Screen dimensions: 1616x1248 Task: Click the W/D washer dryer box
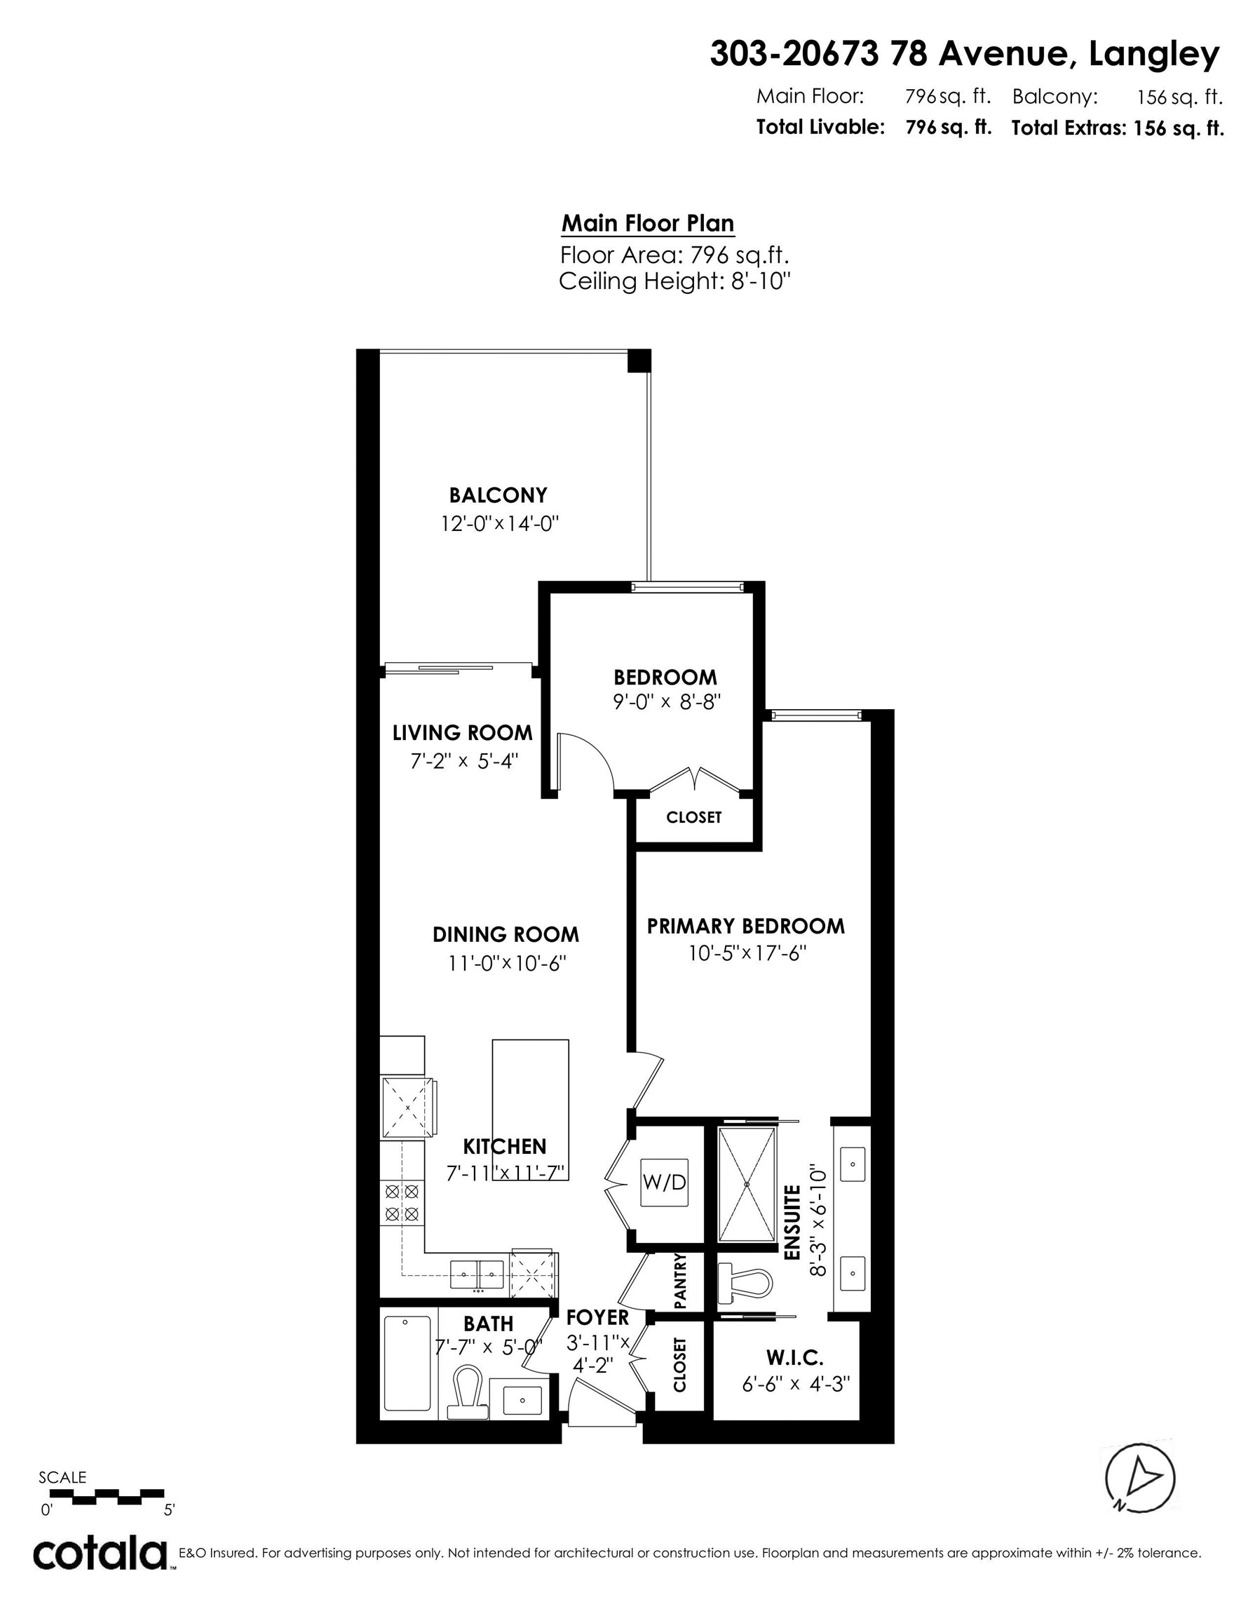(663, 1183)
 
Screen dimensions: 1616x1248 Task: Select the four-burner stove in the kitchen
(402, 1202)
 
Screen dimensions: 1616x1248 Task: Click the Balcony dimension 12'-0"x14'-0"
(499, 524)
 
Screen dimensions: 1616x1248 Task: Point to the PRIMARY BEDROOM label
(745, 926)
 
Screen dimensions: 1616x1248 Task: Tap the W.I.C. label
(794, 1358)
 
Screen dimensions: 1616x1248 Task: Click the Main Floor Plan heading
(647, 224)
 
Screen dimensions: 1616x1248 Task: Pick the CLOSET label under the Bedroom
(693, 818)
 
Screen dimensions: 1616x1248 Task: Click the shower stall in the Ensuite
(747, 1184)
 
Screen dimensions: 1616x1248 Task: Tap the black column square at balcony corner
(639, 361)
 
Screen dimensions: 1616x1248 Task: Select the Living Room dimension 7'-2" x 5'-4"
(464, 760)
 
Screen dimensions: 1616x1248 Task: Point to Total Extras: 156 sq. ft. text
(1117, 128)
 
